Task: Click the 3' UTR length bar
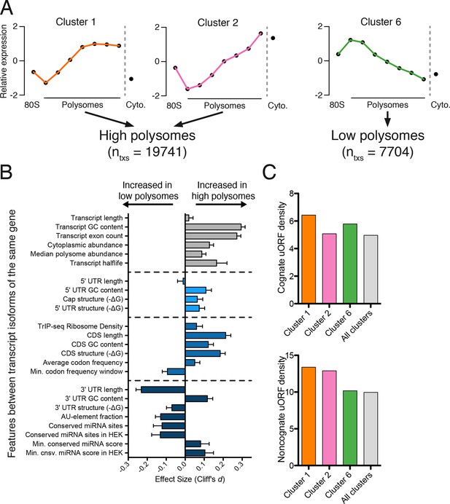pyautogui.click(x=163, y=390)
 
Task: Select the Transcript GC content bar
pyautogui.click(x=213, y=227)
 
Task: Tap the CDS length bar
pyautogui.click(x=206, y=335)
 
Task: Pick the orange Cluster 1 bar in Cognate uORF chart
pyautogui.click(x=309, y=259)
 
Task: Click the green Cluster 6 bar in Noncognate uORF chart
pyautogui.click(x=350, y=428)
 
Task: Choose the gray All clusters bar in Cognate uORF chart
pyautogui.click(x=371, y=269)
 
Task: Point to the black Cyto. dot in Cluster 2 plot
pyautogui.click(x=273, y=38)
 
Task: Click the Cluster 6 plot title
pyautogui.click(x=381, y=22)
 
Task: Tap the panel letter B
pyautogui.click(x=7, y=172)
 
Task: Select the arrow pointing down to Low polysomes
pyautogui.click(x=387, y=119)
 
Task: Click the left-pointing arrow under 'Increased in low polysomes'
pyautogui.click(x=148, y=205)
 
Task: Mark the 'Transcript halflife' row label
pyautogui.click(x=96, y=263)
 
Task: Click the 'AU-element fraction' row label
pyautogui.click(x=92, y=417)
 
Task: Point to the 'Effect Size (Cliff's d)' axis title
pyautogui.click(x=190, y=479)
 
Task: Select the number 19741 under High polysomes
pyautogui.click(x=165, y=151)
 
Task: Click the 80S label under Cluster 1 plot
pyautogui.click(x=32, y=105)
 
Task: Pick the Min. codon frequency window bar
pyautogui.click(x=176, y=371)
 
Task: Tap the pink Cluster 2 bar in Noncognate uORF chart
pyautogui.click(x=329, y=418)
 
